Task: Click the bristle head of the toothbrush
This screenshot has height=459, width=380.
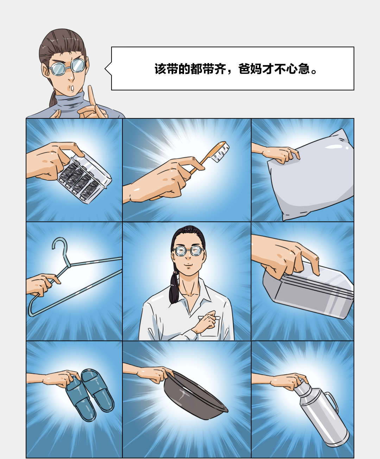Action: click(221, 152)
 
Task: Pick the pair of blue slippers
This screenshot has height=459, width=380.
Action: click(90, 394)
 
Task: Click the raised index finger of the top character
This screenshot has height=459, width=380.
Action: click(91, 97)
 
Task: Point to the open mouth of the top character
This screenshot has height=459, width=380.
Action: click(73, 88)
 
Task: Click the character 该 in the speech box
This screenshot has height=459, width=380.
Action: click(160, 69)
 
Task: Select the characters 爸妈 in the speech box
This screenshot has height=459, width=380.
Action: click(250, 69)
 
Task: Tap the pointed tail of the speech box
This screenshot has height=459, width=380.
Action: click(105, 69)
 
